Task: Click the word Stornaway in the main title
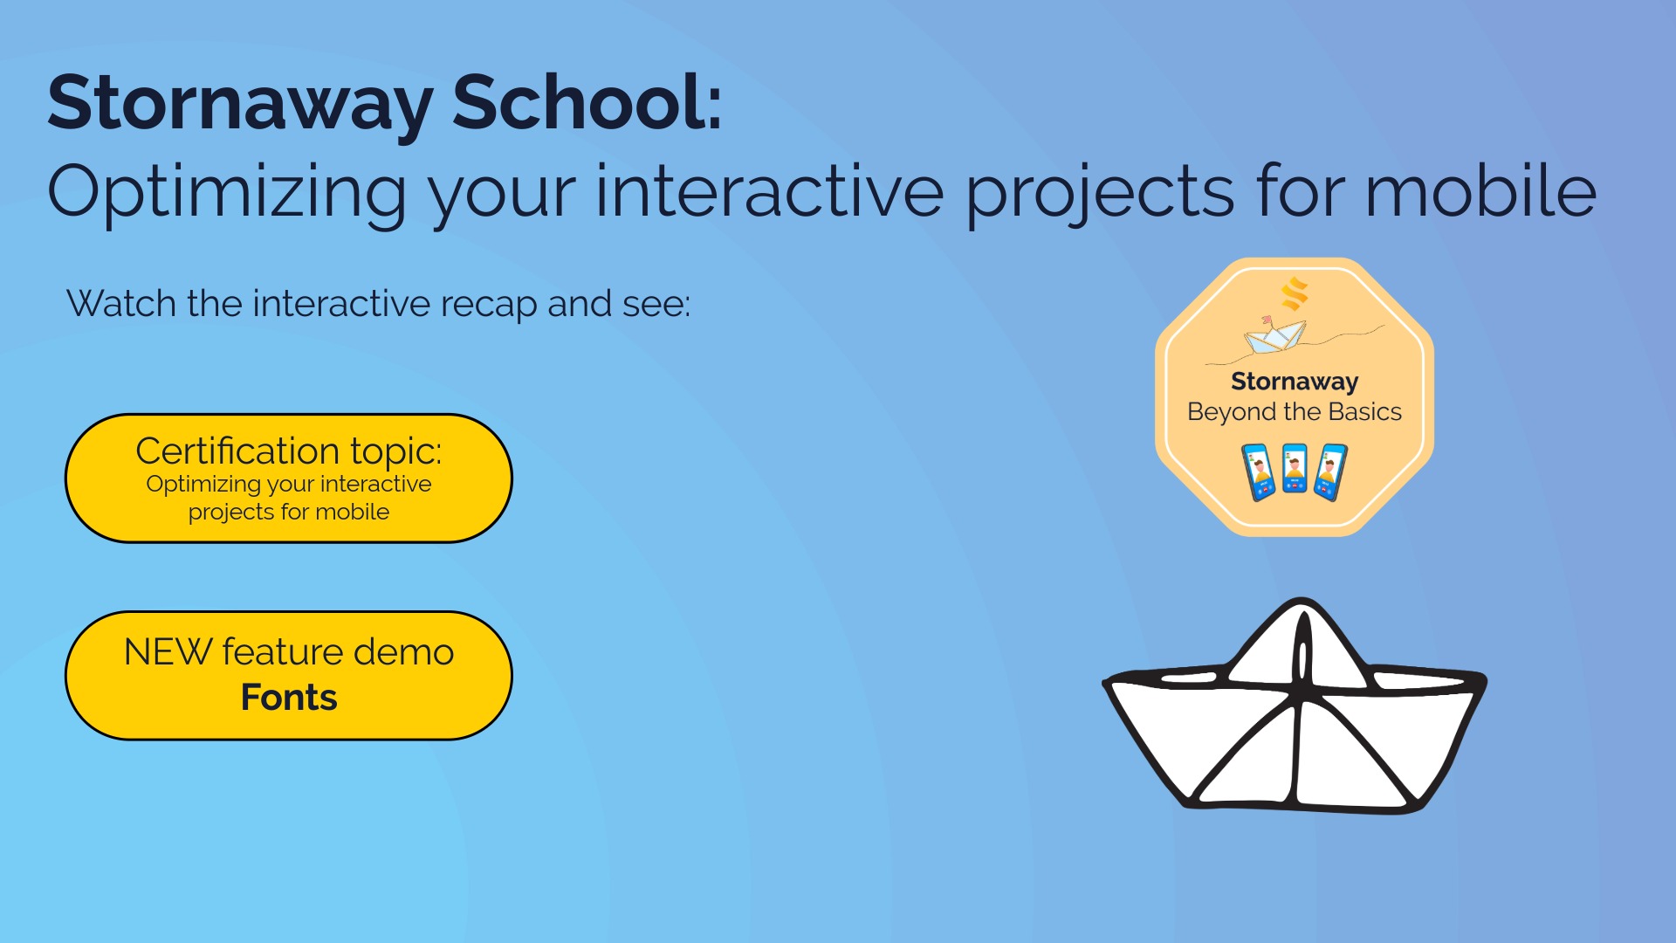240,104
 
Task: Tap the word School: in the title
587,102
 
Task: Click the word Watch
122,304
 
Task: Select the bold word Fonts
289,698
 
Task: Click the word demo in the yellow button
403,652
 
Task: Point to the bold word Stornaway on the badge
1295,382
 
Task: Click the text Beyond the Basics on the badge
1295,412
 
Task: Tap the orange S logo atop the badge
1295,293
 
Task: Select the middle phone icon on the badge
1295,469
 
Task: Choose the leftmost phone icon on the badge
1258,472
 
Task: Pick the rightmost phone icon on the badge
1331,472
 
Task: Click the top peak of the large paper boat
1302,601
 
